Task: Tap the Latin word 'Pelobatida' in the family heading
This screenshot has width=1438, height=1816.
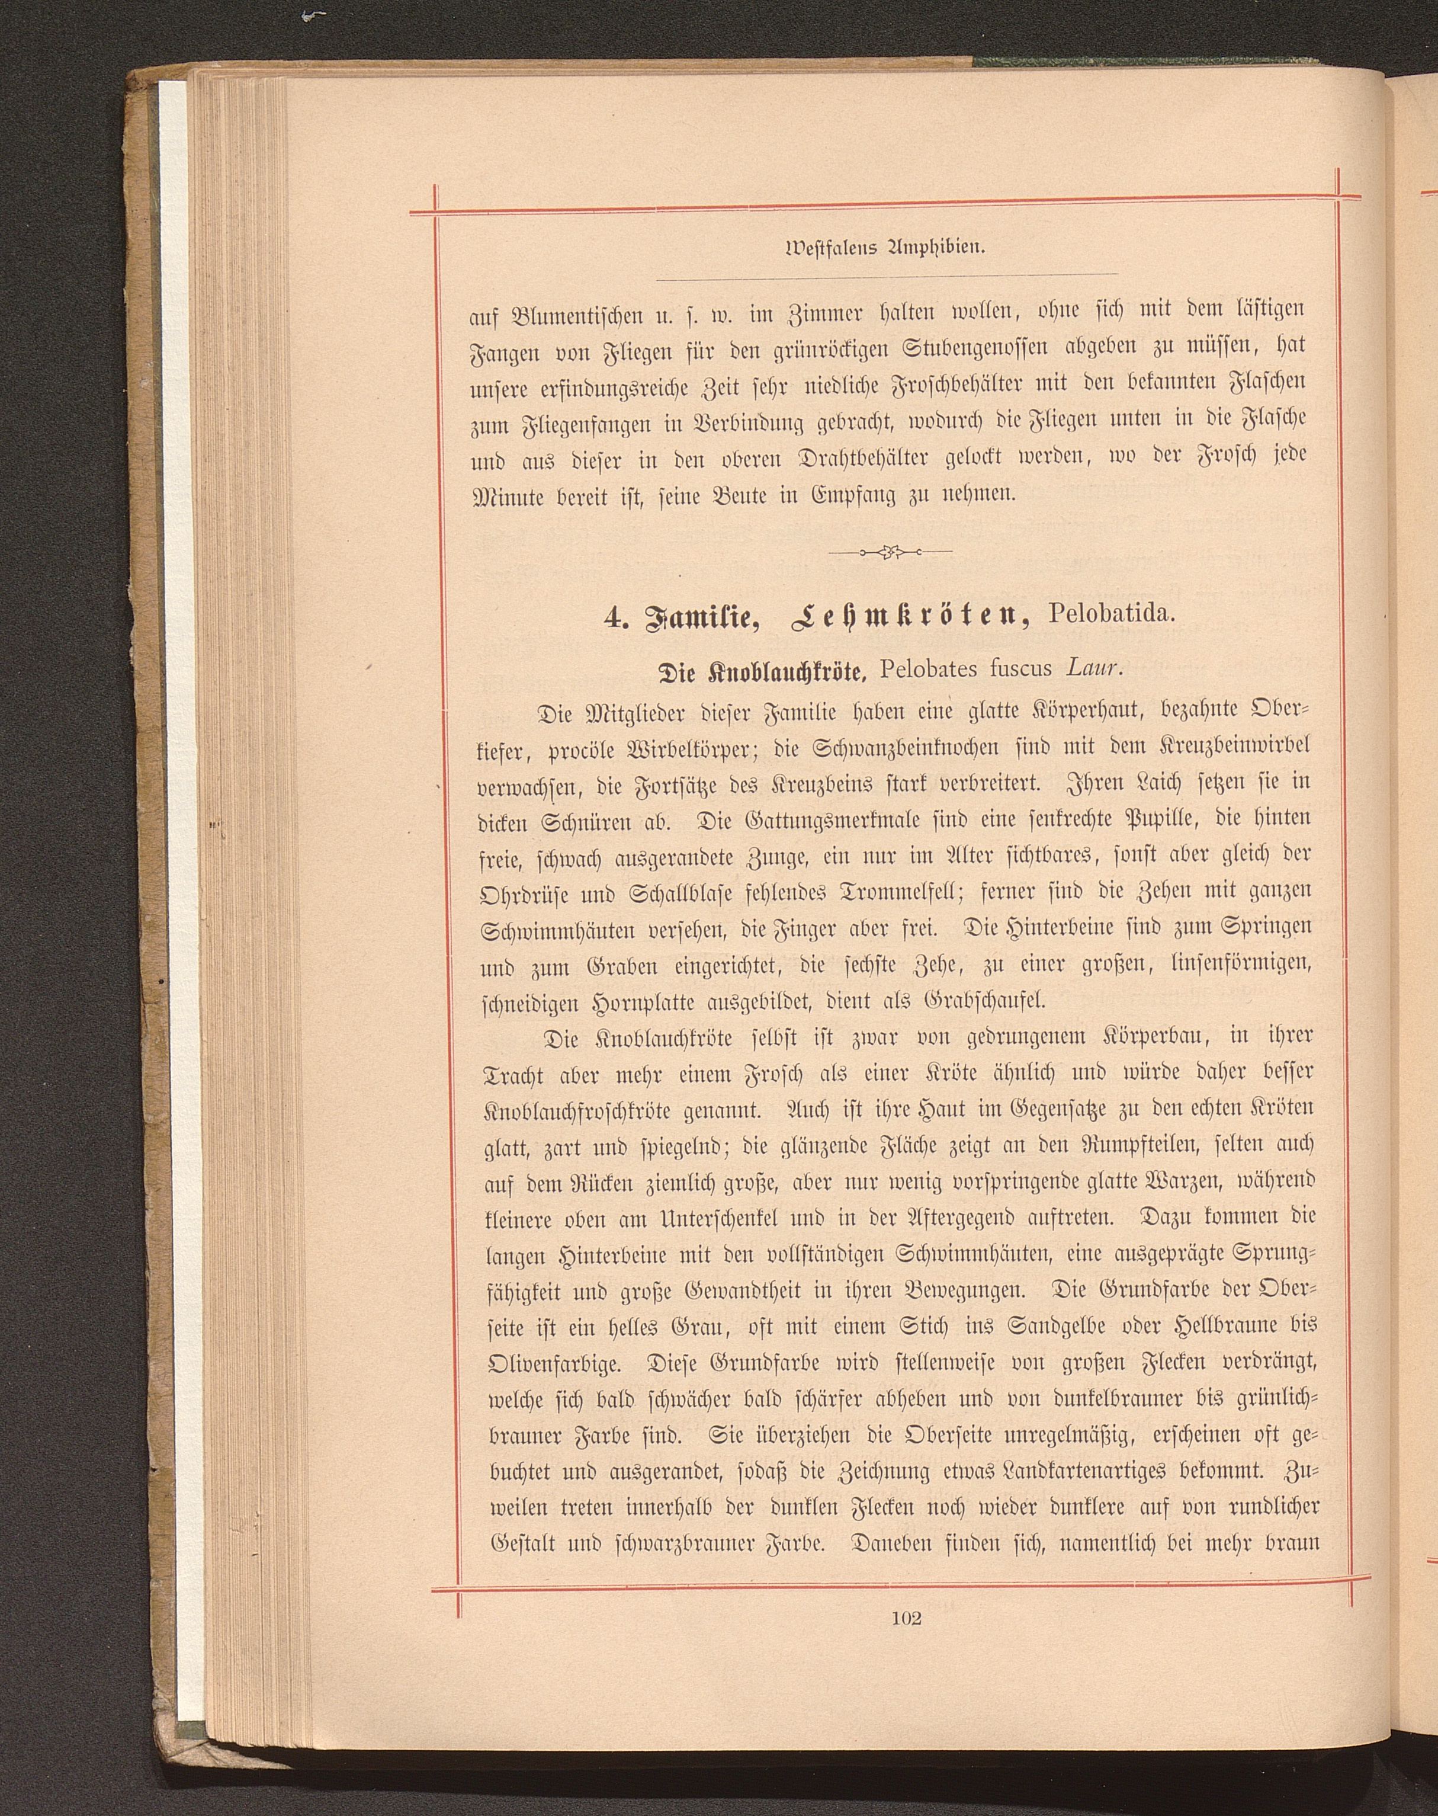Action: (x=1109, y=613)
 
